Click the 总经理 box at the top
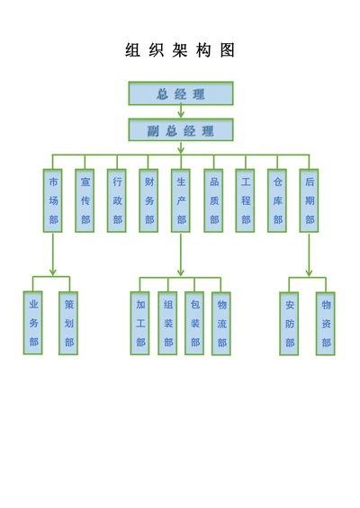[180, 94]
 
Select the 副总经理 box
[180, 130]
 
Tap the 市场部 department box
[53, 200]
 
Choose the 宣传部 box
[85, 200]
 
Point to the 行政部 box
[117, 200]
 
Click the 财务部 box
[149, 200]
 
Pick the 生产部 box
[181, 200]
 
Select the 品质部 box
[213, 200]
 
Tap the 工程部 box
[246, 200]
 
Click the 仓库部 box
[277, 200]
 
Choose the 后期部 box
[310, 200]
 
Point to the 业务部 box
[33, 323]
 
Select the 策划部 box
[69, 323]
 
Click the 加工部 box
[140, 323]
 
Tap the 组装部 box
[167, 323]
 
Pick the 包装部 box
[194, 323]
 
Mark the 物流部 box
[221, 323]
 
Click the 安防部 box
[289, 323]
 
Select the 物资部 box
[326, 323]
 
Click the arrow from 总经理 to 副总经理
[181, 112]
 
